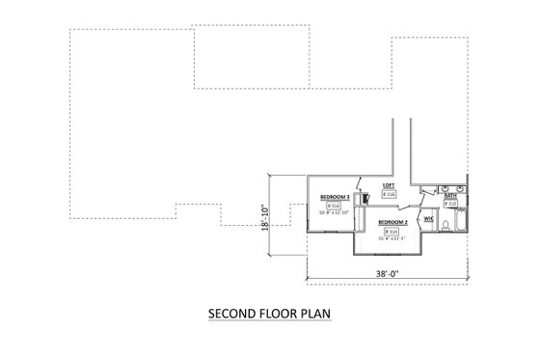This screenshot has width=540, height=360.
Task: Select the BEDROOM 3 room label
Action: tap(335, 197)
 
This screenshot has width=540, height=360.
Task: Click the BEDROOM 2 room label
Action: tap(392, 222)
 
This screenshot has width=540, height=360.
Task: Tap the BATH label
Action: tap(450, 196)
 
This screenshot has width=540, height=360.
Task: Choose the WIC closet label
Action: tap(428, 219)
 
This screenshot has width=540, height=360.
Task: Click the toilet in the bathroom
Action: tap(445, 225)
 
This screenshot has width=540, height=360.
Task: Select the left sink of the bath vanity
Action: tap(445, 188)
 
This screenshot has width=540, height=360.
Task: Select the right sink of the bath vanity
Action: tap(459, 188)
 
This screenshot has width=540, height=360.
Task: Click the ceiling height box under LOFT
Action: tap(389, 194)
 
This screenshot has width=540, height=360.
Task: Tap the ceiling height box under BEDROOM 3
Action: tap(334, 206)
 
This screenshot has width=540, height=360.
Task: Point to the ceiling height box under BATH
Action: tap(450, 204)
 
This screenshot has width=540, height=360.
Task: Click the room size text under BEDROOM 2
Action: tap(391, 238)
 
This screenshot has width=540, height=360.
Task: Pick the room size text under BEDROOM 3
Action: tap(334, 213)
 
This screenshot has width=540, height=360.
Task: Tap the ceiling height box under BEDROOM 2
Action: tap(391, 232)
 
